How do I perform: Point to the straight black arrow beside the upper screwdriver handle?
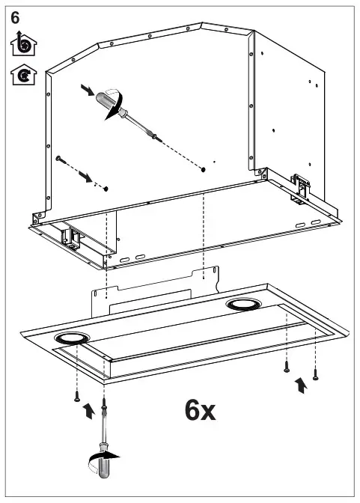pyautogui.click(x=88, y=91)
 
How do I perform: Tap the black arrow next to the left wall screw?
pyautogui.click(x=88, y=177)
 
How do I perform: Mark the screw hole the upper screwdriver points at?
pyautogui.click(x=203, y=169)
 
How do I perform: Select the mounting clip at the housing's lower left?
pyautogui.click(x=72, y=237)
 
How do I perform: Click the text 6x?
pyautogui.click(x=200, y=410)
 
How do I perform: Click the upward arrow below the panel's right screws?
pyautogui.click(x=300, y=386)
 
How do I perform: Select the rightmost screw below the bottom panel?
pyautogui.click(x=316, y=373)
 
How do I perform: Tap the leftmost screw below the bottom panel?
pyautogui.click(x=76, y=394)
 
